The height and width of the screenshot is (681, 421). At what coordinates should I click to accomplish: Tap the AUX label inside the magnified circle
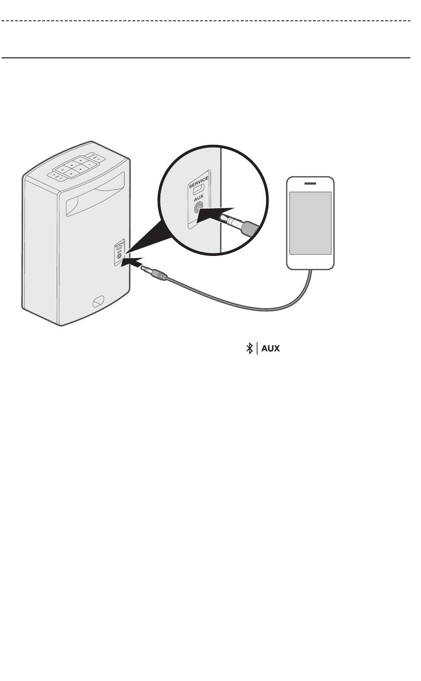tap(198, 198)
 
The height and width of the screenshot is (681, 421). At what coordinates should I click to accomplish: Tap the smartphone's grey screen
tap(310, 223)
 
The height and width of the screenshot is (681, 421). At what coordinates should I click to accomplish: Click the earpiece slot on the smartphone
tap(310, 183)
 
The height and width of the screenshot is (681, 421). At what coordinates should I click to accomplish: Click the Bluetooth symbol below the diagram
tap(249, 348)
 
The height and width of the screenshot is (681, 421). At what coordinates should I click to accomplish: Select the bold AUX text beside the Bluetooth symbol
tap(271, 348)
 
